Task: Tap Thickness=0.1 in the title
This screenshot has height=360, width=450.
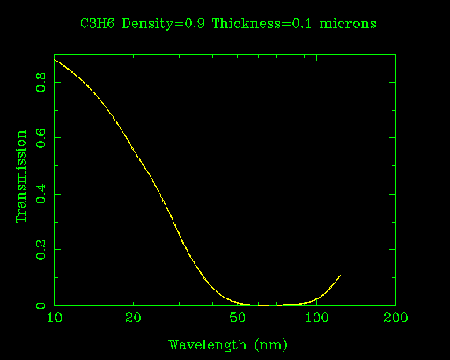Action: [x=260, y=23]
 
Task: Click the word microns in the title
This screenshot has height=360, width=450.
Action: [x=346, y=23]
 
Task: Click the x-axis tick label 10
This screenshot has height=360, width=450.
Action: [x=55, y=318]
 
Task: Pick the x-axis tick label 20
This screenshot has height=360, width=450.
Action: [x=133, y=318]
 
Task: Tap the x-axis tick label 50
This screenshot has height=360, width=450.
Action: [x=238, y=318]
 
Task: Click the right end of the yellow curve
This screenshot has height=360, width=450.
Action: [x=340, y=275]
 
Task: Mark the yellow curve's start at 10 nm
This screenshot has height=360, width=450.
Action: [x=55, y=60]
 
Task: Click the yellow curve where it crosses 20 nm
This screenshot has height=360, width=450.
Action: [x=133, y=149]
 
